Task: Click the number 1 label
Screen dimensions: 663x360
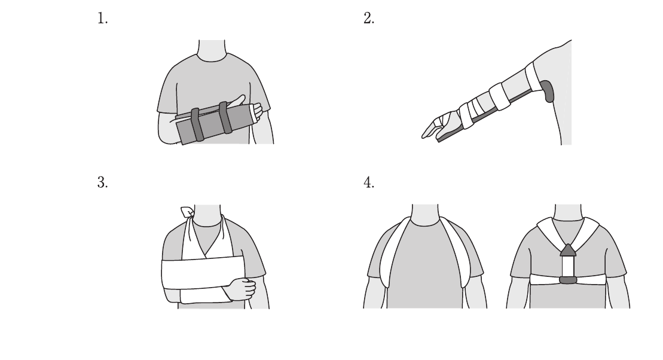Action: point(102,18)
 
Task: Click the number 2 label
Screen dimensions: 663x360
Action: point(369,18)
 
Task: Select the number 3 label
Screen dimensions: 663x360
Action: point(102,182)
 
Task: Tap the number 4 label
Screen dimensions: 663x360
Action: point(369,182)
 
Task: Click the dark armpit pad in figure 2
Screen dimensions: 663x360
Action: point(548,91)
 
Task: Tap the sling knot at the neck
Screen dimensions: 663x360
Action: point(187,212)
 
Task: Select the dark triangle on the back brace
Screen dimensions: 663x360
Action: point(568,250)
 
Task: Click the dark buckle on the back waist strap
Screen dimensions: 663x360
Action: point(568,280)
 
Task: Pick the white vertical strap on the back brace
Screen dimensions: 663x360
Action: point(568,266)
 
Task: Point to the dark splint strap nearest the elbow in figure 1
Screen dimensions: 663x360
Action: point(197,124)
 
